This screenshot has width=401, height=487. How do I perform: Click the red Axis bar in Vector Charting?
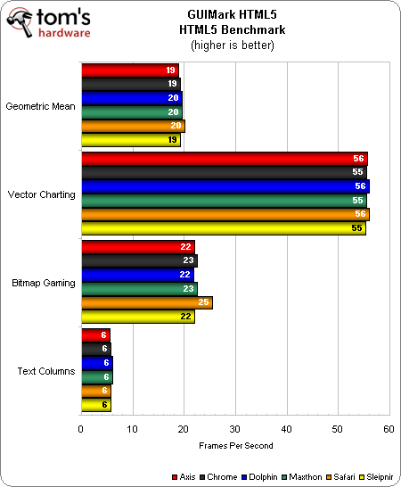point(224,159)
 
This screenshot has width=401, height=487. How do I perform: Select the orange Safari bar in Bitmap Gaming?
point(146,302)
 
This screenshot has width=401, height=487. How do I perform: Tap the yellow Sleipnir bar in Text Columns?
point(95,405)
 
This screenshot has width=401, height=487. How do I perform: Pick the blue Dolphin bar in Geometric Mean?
point(132,98)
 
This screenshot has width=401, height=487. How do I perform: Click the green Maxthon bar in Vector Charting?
point(224,201)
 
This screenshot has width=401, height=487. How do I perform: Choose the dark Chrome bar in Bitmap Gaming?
point(139,260)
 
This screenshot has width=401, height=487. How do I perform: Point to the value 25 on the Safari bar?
point(204,303)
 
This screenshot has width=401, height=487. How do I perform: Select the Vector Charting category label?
point(42,194)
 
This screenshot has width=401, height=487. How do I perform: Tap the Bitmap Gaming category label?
point(43,282)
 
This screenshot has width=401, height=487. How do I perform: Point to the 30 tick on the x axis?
point(234,429)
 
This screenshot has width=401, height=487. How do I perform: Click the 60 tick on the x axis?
point(388,429)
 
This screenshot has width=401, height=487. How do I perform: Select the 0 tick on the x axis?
point(81,429)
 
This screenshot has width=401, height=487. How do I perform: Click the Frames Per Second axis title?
point(234,445)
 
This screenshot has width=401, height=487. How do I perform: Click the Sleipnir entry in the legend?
point(377,476)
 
